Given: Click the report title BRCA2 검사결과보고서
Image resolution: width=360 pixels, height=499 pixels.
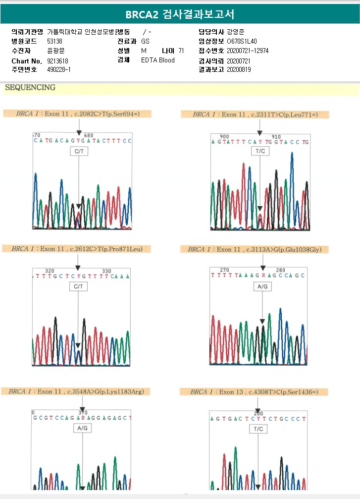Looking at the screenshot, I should coord(180,14).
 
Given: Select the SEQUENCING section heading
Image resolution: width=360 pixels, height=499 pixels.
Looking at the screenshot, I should coord(30,88).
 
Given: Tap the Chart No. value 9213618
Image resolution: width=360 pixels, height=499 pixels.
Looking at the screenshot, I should coord(57,60).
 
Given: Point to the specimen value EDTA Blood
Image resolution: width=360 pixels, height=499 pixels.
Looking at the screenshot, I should coord(157,60).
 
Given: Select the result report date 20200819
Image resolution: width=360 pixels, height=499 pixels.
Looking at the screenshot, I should coord(239,70).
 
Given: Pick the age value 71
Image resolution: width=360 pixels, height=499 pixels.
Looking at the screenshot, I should coord(181,51).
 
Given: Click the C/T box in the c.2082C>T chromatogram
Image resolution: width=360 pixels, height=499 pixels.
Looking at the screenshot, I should coord(78,152).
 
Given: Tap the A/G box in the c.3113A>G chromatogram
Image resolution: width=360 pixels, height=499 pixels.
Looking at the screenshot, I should coord(262,286).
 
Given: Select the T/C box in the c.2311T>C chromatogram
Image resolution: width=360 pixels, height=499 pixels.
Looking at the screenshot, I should coord(259,151).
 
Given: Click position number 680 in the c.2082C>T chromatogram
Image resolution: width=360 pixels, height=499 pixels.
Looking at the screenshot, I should coord(89,135).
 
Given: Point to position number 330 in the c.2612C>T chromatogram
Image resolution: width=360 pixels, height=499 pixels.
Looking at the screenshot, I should coord(106,271).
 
